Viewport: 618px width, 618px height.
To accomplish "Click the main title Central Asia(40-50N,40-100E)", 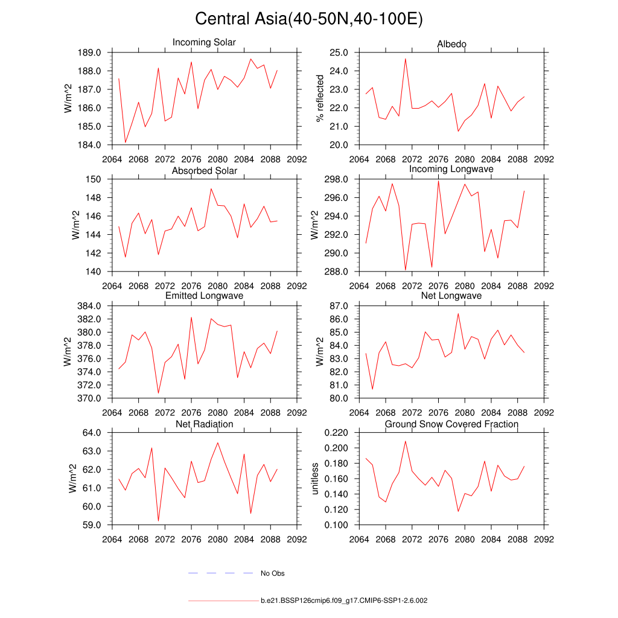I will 309,19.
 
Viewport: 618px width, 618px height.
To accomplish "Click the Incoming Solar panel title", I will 204,42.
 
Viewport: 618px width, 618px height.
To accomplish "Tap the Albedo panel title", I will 451,44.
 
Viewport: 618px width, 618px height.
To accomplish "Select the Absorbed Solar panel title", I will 204,171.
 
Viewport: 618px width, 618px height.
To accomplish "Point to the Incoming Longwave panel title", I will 451,169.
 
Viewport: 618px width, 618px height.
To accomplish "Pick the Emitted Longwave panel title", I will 204,296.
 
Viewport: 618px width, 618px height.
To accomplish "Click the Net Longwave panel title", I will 451,296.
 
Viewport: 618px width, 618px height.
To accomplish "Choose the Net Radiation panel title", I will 204,424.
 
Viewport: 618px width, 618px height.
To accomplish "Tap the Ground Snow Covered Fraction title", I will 451,424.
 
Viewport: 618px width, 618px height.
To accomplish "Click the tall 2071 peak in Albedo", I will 406,59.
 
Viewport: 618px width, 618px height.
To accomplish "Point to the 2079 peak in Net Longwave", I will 458,313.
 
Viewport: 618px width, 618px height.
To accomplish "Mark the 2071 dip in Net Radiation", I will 158,521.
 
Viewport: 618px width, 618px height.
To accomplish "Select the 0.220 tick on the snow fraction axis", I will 336,433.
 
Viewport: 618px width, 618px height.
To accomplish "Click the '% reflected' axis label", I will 320,98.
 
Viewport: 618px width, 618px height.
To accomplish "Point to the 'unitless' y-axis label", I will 314,479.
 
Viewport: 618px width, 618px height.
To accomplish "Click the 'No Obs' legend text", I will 272,573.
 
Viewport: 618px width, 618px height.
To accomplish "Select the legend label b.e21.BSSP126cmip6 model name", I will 344,601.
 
